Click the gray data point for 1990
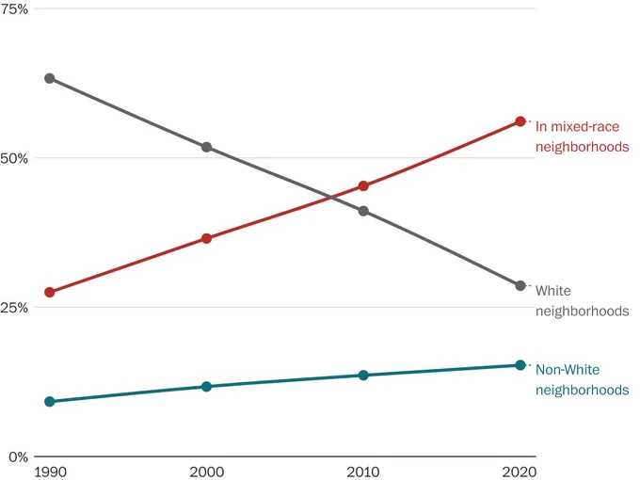coord(49,78)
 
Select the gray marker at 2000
coord(206,147)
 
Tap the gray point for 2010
coord(363,211)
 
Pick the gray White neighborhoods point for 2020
coord(520,286)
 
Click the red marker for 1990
coord(49,293)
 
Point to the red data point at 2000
coord(206,238)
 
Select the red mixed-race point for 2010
coord(363,186)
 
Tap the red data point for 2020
coord(520,121)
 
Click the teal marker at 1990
coord(49,402)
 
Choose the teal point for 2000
coord(206,387)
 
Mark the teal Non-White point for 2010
coord(363,376)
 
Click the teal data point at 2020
coord(520,365)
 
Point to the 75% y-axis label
coord(14,9)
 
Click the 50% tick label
coord(14,158)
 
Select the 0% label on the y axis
coord(19,456)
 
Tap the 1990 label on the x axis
coord(51,472)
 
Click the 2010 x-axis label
coord(363,472)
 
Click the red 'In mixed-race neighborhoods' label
coord(582,136)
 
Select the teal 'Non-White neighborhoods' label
coord(582,379)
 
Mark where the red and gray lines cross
coord(331,198)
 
